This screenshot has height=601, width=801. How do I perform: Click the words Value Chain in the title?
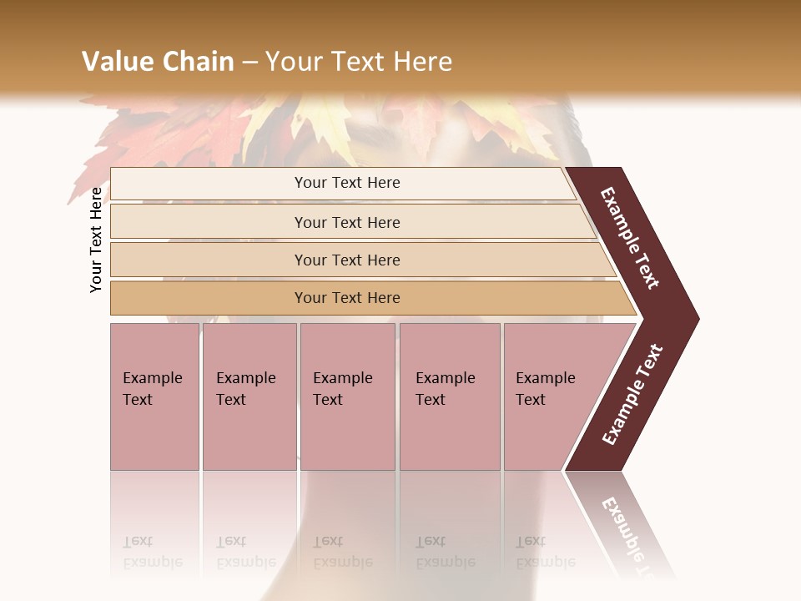coord(158,61)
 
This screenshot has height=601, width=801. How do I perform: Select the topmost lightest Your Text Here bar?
coord(346,183)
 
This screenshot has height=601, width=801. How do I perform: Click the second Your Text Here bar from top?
coord(346,222)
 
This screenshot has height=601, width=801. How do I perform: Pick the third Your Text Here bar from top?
coord(346,260)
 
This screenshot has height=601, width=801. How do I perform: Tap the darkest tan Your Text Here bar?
coord(346,298)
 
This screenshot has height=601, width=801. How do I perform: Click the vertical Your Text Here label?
coord(96,240)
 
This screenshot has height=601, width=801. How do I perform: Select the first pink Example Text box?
coord(154,396)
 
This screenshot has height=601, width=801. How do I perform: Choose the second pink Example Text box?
coord(249,396)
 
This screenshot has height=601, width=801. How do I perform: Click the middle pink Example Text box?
coord(347,396)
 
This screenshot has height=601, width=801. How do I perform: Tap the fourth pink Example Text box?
coord(449,396)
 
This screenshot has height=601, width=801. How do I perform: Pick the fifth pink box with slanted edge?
coord(551,396)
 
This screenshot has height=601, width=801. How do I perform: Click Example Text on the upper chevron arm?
coord(630,238)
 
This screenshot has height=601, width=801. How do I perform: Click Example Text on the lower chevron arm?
coord(632,395)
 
